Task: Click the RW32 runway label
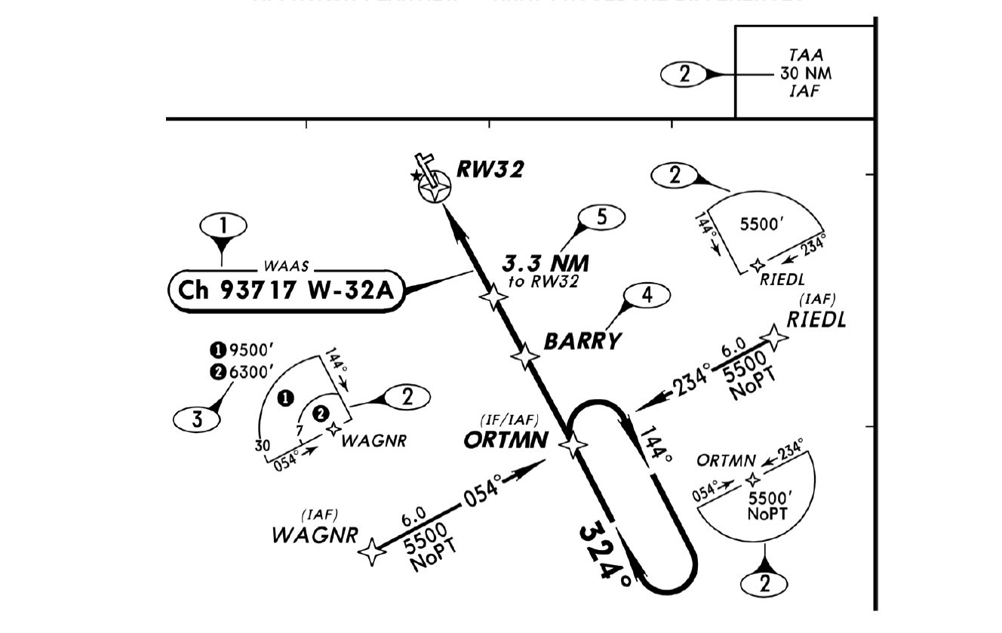490,169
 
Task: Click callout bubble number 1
223,225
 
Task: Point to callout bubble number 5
601,217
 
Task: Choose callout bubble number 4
647,295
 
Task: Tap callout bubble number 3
197,419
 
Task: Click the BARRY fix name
582,341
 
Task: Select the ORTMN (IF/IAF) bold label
505,439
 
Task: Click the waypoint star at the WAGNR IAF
372,552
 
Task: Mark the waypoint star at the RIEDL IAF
775,336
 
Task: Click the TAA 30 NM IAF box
805,73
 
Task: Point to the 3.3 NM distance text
546,263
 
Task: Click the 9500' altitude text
250,349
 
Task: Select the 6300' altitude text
250,371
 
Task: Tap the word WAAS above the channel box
284,266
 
